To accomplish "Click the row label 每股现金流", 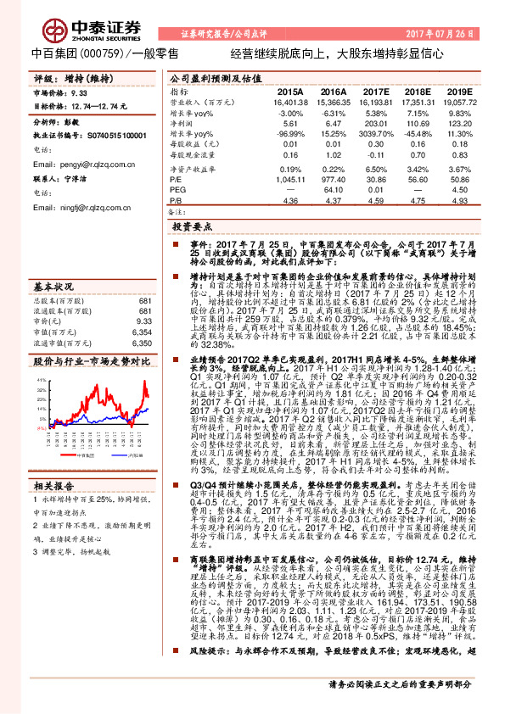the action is point(190,156).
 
